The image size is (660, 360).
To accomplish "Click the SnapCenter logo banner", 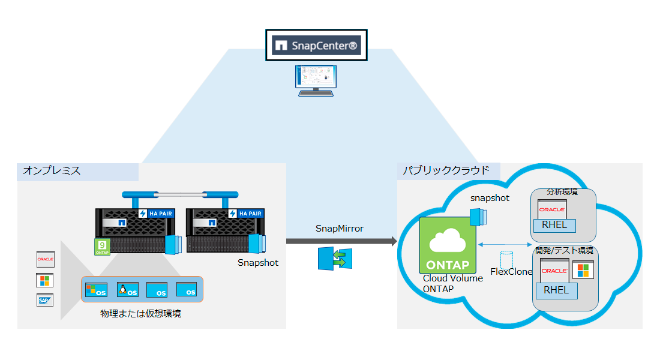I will click(316, 45).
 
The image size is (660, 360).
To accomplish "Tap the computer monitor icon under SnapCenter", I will click(316, 80).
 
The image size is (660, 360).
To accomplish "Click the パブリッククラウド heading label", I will click(445, 171).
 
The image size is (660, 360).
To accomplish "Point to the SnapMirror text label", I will click(340, 229).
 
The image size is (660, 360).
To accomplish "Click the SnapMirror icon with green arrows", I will click(335, 257).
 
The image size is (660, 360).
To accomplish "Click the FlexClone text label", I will click(511, 272).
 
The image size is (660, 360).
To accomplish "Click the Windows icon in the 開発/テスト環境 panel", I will click(583, 270).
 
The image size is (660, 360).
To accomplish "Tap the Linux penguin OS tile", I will click(128, 290).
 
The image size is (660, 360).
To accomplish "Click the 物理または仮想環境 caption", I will click(140, 314).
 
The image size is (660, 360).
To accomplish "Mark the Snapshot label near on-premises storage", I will click(258, 262).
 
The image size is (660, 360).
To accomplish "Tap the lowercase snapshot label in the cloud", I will click(490, 197).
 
